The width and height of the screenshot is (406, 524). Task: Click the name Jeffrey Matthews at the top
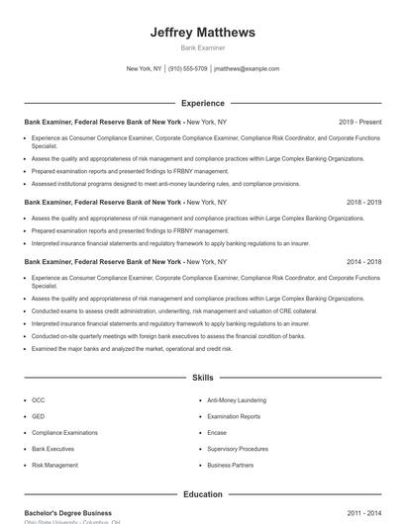pyautogui.click(x=202, y=33)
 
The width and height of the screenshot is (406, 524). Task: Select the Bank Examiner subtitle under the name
pyautogui.click(x=202, y=47)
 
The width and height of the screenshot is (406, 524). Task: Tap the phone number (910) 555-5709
pyautogui.click(x=188, y=69)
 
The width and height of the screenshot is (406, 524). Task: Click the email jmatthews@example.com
pyautogui.click(x=247, y=69)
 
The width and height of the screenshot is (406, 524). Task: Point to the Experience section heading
pyautogui.click(x=202, y=103)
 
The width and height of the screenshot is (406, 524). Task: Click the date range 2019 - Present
pyautogui.click(x=359, y=121)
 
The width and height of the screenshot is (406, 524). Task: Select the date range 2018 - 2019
pyautogui.click(x=363, y=202)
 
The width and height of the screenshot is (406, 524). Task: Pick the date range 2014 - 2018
pyautogui.click(x=363, y=262)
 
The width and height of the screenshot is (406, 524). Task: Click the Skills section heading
pyautogui.click(x=202, y=378)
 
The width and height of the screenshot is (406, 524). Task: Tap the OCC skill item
pyautogui.click(x=39, y=400)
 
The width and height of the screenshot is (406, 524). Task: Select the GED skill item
pyautogui.click(x=39, y=416)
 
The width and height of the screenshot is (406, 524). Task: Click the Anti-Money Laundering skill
pyautogui.click(x=237, y=400)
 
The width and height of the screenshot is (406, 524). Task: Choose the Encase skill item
pyautogui.click(x=218, y=432)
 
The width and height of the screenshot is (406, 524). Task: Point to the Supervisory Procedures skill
pyautogui.click(x=237, y=448)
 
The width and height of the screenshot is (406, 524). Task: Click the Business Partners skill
pyautogui.click(x=231, y=464)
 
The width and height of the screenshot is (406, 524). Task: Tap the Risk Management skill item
pyautogui.click(x=54, y=464)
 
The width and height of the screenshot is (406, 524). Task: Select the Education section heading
pyautogui.click(x=202, y=494)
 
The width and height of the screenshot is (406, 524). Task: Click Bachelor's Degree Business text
pyautogui.click(x=68, y=513)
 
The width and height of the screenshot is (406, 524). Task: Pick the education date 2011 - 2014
pyautogui.click(x=363, y=513)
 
